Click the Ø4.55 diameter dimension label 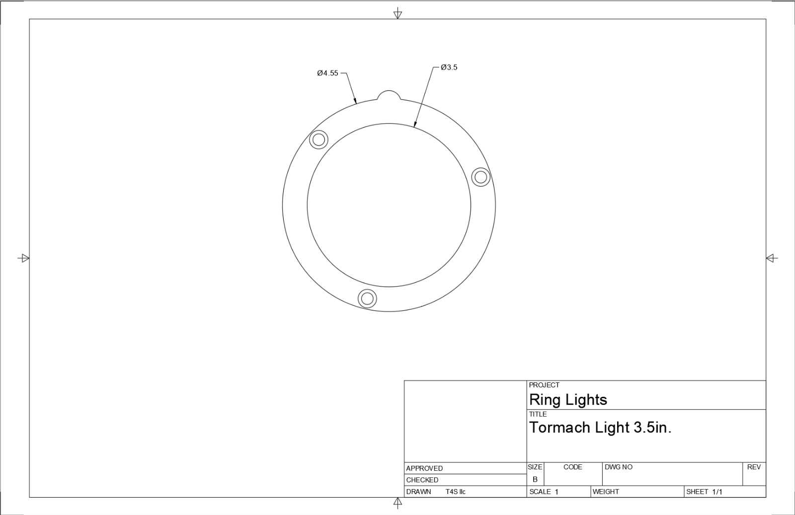(x=327, y=73)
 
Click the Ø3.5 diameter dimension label (x=449, y=67)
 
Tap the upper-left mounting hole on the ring (x=318, y=140)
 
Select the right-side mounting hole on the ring (x=480, y=177)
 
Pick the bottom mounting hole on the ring (x=367, y=298)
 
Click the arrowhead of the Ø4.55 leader (x=356, y=102)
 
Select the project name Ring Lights (x=568, y=400)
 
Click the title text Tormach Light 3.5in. (x=600, y=428)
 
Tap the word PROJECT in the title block (x=544, y=385)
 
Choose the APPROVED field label (x=424, y=468)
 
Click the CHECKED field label (x=422, y=480)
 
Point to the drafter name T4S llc (x=455, y=492)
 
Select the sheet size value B (x=535, y=480)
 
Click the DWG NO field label (x=618, y=467)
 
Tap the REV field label (x=754, y=467)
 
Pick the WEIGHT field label (x=606, y=492)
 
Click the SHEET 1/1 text (x=704, y=492)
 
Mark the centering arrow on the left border (x=23, y=258)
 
